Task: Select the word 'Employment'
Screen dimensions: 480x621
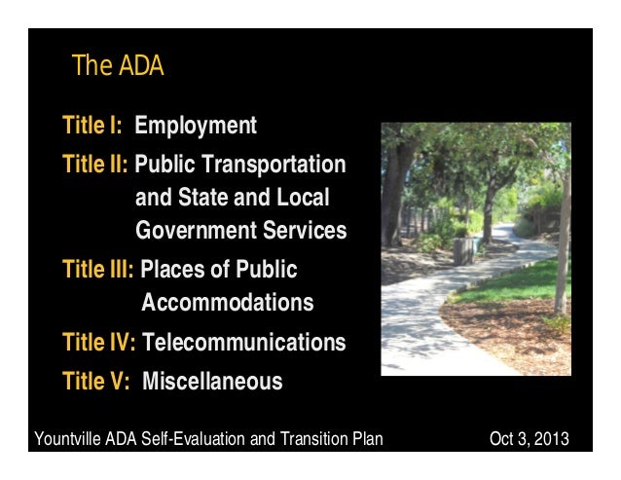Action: pyautogui.click(x=196, y=127)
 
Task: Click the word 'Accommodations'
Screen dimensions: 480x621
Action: pyautogui.click(x=228, y=303)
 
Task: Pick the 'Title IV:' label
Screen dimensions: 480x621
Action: pyautogui.click(x=98, y=343)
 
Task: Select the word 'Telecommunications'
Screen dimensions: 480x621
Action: pyautogui.click(x=243, y=343)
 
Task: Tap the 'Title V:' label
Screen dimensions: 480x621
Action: pyautogui.click(x=95, y=381)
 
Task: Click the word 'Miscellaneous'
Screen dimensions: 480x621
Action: pyautogui.click(x=212, y=381)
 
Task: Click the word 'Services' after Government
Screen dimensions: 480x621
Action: pyautogui.click(x=310, y=232)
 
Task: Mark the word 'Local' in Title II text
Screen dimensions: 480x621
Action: pyautogui.click(x=303, y=198)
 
